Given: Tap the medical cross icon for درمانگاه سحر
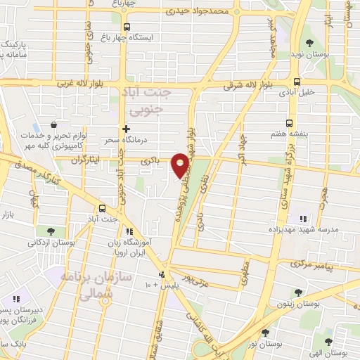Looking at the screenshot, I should pos(126,129).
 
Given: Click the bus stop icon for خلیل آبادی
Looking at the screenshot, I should pos(297,81).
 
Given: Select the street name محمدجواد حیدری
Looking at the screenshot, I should pos(199,11).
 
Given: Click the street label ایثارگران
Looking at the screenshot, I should pos(86,161).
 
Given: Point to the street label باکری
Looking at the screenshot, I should pos(150,162).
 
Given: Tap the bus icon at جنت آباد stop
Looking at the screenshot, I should pos(103,208).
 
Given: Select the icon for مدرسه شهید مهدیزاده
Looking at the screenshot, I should pos(304,219).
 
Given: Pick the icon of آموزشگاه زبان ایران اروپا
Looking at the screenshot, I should pos(129,231).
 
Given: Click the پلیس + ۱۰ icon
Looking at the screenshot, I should pos(162,274).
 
